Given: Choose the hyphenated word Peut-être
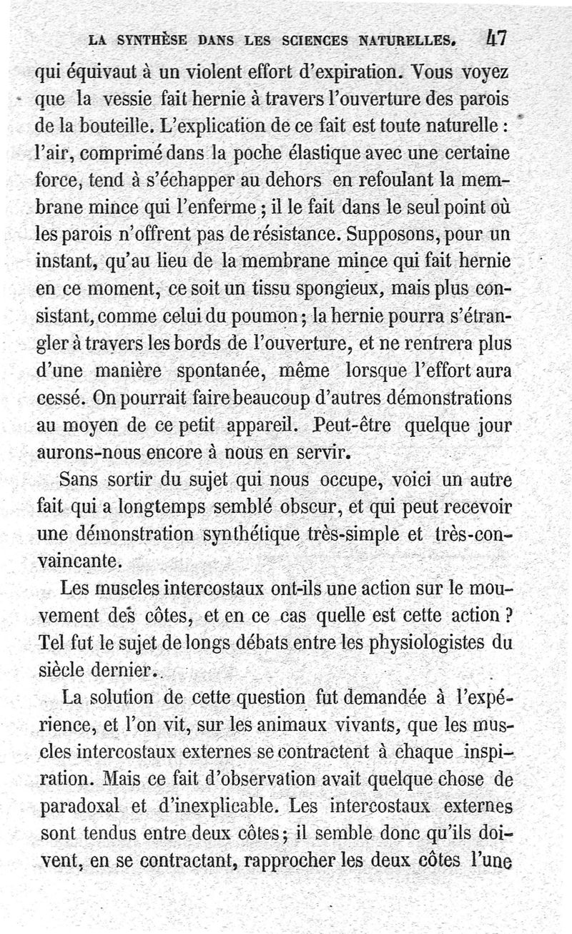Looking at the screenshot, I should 355,426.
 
